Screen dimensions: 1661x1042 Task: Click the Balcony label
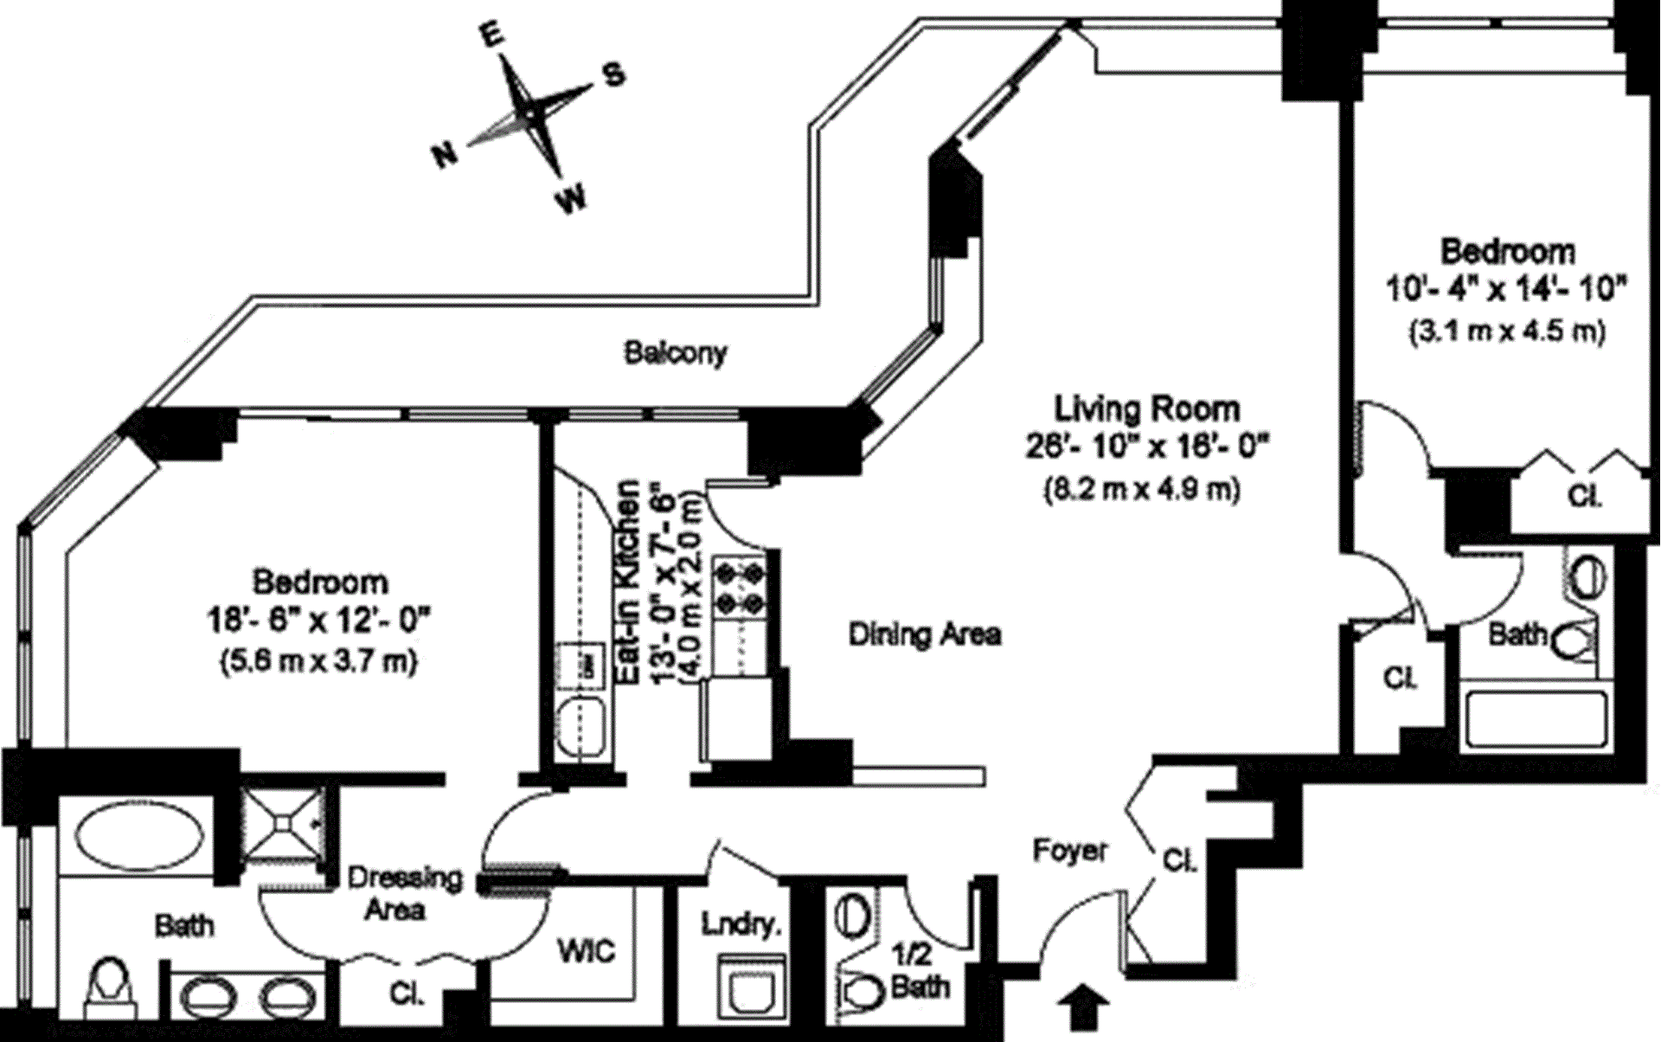676,353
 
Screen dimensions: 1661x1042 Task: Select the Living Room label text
1146,408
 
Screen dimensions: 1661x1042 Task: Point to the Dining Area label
925,634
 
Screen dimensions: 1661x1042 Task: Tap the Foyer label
1069,852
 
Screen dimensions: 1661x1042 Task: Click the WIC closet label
586,951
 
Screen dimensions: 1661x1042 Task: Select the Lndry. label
741,925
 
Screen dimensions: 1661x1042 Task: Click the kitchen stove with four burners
740,587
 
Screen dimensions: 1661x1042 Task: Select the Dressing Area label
404,893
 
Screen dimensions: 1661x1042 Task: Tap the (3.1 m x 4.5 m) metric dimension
1508,331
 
